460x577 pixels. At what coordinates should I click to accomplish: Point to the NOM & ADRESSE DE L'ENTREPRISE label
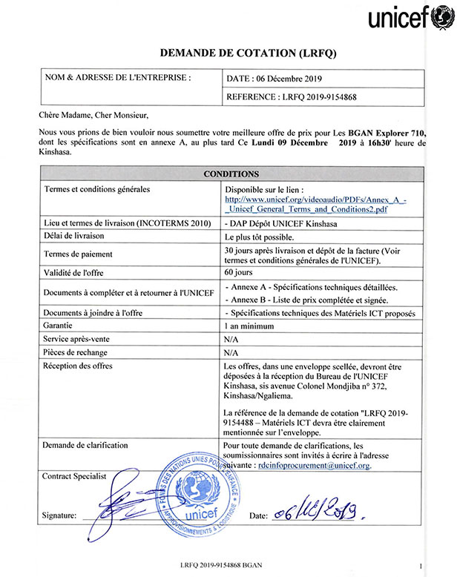(x=117, y=76)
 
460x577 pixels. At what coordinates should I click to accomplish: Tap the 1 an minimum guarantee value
(x=250, y=326)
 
